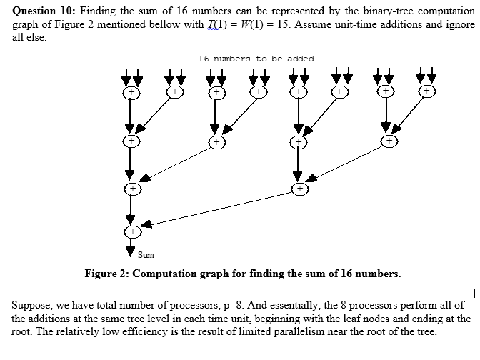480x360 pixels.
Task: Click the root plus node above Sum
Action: coord(131,231)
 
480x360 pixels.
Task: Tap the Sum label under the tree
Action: coord(146,254)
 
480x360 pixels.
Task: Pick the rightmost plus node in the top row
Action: coord(426,91)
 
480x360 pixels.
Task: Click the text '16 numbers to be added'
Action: coord(256,59)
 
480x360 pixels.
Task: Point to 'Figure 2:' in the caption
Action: coord(107,274)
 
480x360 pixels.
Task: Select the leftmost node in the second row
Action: coord(131,141)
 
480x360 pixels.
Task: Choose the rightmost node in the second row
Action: coord(388,141)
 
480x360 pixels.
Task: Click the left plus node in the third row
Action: coord(131,189)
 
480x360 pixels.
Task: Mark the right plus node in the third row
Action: coord(301,189)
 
